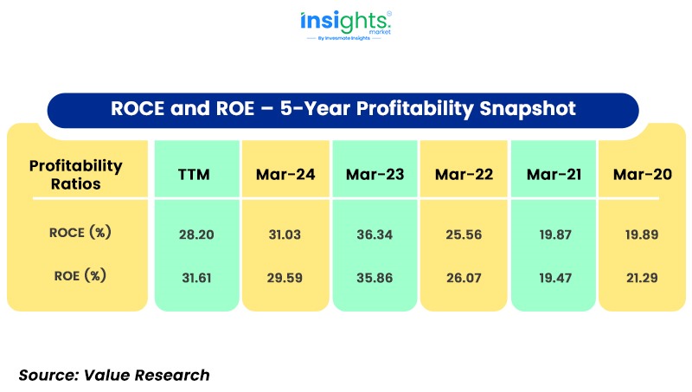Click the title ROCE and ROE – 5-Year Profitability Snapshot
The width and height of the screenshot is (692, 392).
pyautogui.click(x=343, y=110)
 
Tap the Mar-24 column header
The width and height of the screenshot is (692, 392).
pyautogui.click(x=285, y=175)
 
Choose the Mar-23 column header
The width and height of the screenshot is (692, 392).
pyautogui.click(x=375, y=175)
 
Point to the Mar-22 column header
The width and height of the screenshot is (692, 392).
pyautogui.click(x=465, y=175)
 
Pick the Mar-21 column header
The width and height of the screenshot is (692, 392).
pyautogui.click(x=554, y=175)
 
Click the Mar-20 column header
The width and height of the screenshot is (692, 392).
pyautogui.click(x=642, y=175)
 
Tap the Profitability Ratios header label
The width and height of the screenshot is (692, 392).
pyautogui.click(x=76, y=174)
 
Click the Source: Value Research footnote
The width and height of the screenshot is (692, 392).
pyautogui.click(x=114, y=374)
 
